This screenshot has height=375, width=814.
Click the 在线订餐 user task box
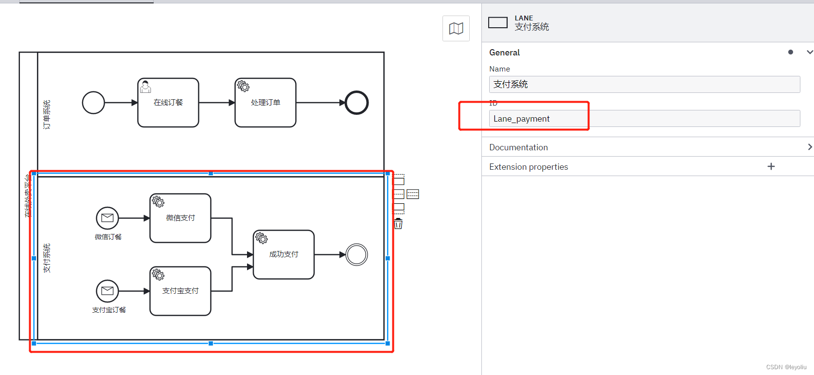(168, 108)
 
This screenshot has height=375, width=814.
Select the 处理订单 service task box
(265, 108)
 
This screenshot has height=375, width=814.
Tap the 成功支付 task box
(283, 260)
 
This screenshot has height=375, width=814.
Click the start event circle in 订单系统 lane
(93, 103)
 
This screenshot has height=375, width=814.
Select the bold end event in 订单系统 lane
(356, 103)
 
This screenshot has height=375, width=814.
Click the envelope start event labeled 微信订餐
(107, 218)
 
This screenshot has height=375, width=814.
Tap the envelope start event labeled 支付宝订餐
(107, 291)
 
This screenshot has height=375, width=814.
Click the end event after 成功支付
(356, 254)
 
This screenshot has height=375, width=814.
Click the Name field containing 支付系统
(644, 84)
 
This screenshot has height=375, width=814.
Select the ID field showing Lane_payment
(644, 119)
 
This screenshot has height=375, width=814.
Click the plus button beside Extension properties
(771, 166)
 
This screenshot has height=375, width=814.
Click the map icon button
(456, 28)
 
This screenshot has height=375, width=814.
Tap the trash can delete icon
(398, 224)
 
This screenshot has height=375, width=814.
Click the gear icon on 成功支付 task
(262, 238)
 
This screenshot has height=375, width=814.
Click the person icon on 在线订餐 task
(145, 87)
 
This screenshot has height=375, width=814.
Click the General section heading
(505, 53)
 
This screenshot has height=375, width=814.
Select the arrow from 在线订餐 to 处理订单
(217, 103)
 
